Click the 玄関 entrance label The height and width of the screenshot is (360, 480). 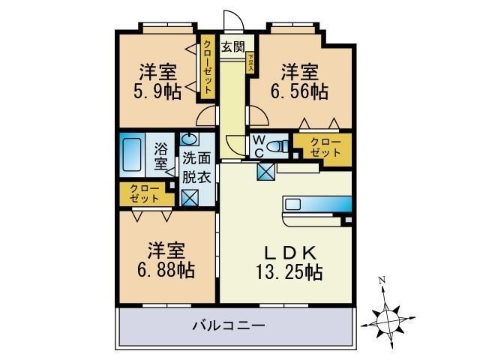[232, 46]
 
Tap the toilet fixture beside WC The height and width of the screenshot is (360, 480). [278, 147]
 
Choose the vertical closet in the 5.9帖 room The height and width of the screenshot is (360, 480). [207, 67]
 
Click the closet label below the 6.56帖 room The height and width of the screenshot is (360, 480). [322, 148]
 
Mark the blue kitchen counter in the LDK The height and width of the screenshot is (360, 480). [316, 203]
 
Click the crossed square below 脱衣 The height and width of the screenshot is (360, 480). [190, 198]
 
